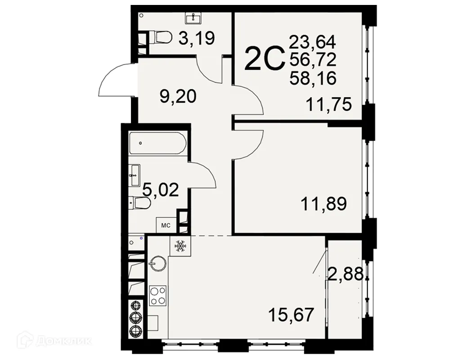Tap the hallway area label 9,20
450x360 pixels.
(x=179, y=96)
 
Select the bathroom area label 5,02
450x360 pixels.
(x=161, y=190)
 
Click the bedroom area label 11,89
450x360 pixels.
(x=324, y=205)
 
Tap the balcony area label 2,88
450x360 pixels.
(x=345, y=274)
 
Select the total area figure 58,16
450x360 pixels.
(x=313, y=79)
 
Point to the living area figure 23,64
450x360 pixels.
(x=313, y=42)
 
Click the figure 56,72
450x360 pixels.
(x=313, y=61)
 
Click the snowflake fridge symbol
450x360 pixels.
(x=180, y=246)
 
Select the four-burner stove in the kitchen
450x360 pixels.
(x=158, y=295)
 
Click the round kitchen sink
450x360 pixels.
(x=158, y=262)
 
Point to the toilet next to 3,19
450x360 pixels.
(x=160, y=38)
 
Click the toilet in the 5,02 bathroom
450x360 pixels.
(x=139, y=204)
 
